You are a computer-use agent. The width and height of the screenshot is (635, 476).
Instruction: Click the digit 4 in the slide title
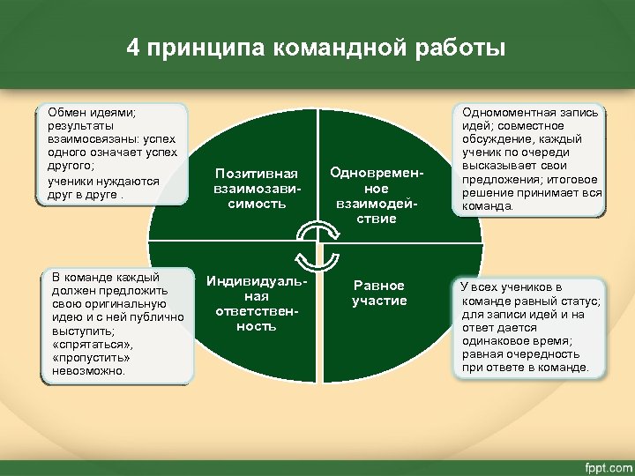coord(132,48)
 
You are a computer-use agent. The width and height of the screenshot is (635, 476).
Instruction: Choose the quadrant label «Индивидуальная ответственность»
coord(257,303)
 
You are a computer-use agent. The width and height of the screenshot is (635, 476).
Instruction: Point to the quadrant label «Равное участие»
coord(378,293)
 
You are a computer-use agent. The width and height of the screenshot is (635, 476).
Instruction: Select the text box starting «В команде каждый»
coord(114,324)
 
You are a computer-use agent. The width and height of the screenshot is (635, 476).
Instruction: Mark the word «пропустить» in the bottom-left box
coord(93,359)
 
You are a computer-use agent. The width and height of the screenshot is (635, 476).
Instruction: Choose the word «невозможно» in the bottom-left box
coord(89,371)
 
